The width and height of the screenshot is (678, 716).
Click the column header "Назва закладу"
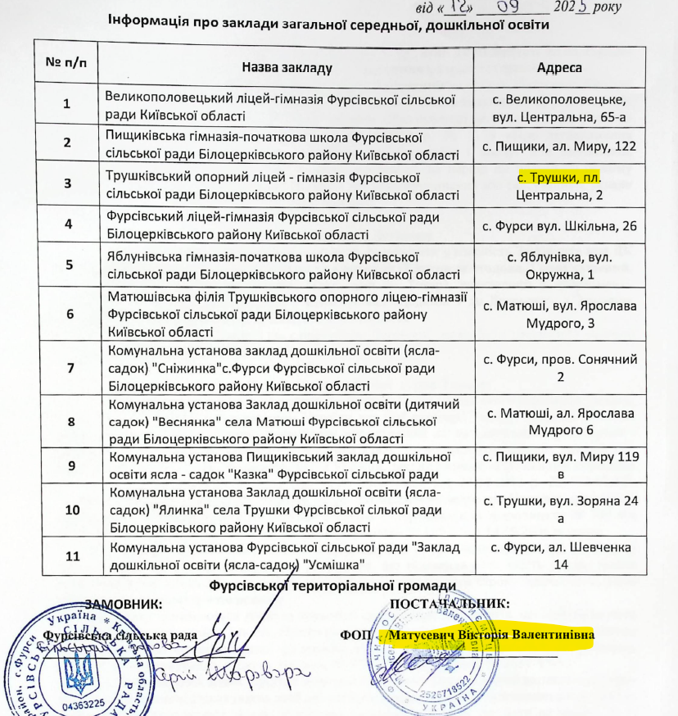287,66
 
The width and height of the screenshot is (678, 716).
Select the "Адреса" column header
559,66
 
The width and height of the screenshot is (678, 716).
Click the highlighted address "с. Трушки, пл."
559,178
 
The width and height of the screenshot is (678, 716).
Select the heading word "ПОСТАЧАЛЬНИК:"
450,604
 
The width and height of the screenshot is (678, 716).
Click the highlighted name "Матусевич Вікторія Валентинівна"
491,635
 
